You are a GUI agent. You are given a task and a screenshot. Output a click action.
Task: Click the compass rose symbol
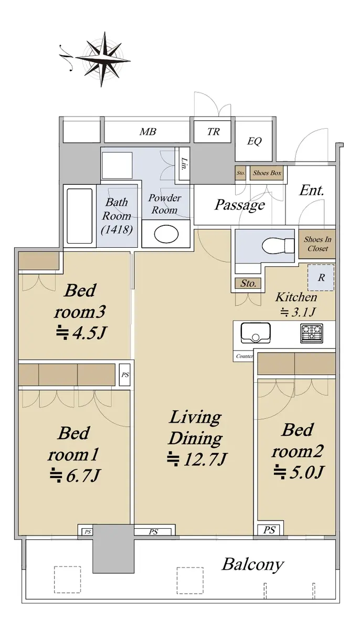point(101,59)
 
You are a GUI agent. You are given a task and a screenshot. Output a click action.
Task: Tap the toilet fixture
point(278,246)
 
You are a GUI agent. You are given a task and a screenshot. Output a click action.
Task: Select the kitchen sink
point(256,333)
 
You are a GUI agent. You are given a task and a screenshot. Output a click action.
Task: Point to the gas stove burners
point(311,333)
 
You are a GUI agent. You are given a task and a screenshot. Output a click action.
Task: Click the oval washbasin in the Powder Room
point(166,234)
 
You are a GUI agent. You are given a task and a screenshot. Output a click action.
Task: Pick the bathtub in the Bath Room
point(80,216)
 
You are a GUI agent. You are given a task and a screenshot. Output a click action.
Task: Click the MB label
point(148,132)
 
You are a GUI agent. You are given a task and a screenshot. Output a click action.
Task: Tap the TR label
point(213,132)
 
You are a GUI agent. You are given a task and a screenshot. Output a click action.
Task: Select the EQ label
point(255,141)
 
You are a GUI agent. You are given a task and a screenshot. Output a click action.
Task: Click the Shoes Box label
point(267,173)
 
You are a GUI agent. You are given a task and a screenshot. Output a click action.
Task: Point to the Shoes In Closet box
point(317,244)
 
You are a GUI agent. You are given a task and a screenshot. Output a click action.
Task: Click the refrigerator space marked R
point(321,278)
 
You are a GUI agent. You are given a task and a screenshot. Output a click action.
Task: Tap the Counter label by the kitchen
point(244,356)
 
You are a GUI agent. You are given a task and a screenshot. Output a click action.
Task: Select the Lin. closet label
point(184,164)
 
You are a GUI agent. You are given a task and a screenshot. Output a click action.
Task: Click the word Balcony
point(252,564)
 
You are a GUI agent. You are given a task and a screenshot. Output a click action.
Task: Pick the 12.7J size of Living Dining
point(197,459)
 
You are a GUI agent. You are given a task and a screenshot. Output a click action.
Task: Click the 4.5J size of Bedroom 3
point(81,332)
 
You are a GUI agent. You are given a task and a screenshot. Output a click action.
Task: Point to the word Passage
point(240,205)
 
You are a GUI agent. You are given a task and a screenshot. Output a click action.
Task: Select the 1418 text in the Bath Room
point(117,229)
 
